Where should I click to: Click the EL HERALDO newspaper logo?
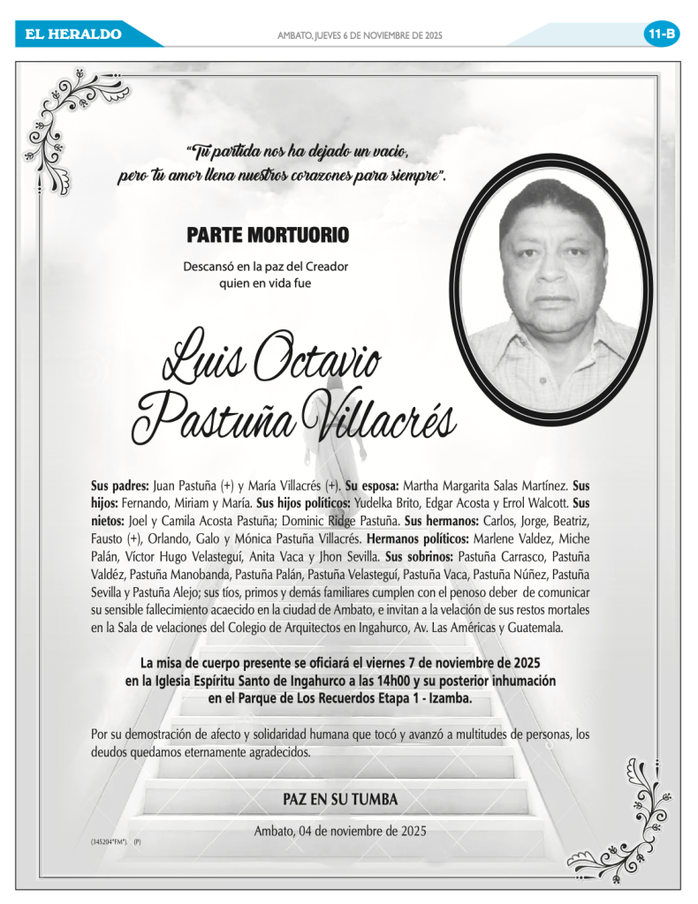click(73, 34)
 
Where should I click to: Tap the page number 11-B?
click(662, 34)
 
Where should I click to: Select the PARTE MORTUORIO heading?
click(268, 236)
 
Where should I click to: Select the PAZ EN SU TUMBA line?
click(340, 799)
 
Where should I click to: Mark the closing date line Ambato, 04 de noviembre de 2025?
click(340, 831)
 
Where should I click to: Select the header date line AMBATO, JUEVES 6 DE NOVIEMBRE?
click(360, 35)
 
